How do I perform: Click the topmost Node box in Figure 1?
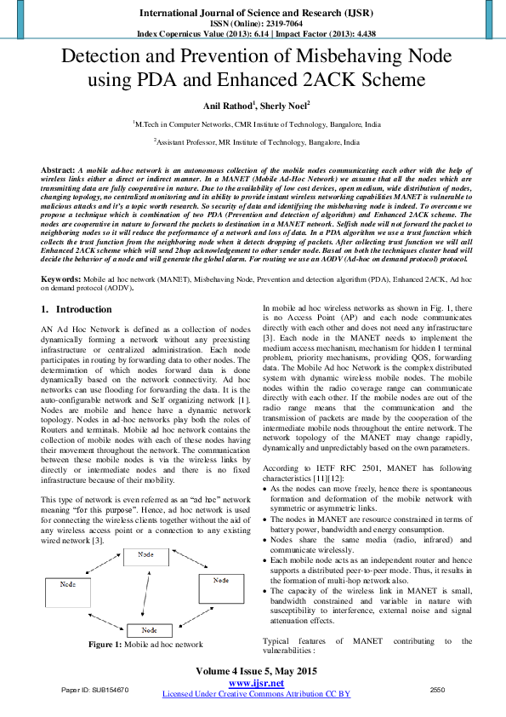(x=149, y=556)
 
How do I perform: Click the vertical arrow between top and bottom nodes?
(x=149, y=593)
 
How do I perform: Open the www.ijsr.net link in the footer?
(x=256, y=684)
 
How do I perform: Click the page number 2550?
(x=438, y=689)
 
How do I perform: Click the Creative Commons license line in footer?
(x=256, y=695)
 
